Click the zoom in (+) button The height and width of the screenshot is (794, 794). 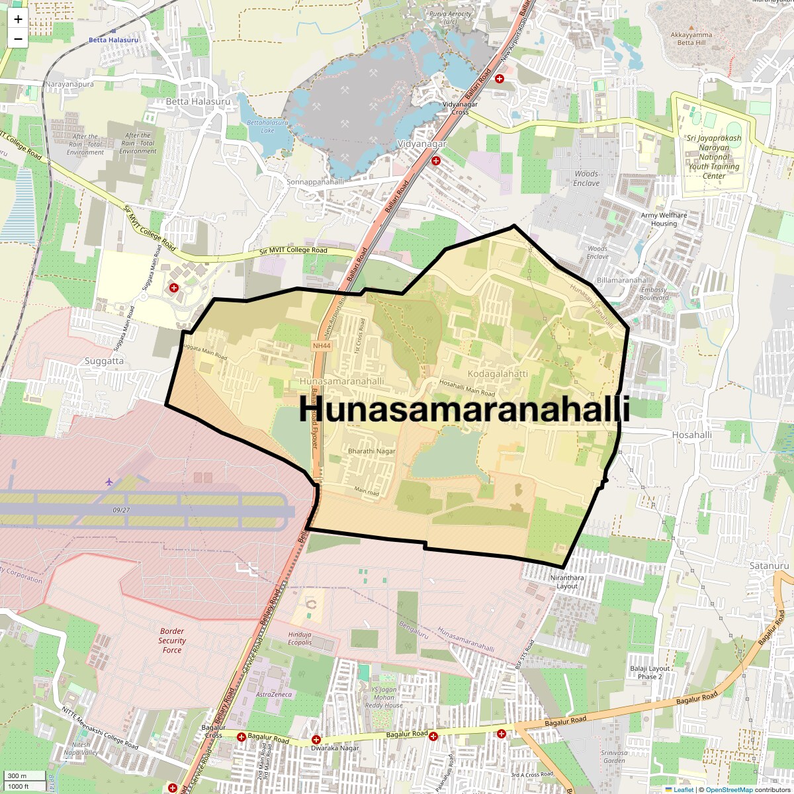pyautogui.click(x=18, y=19)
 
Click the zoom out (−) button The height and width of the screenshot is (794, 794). pyautogui.click(x=18, y=38)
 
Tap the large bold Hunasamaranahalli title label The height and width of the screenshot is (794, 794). pyautogui.click(x=464, y=409)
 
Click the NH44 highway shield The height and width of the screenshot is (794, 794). pyautogui.click(x=321, y=345)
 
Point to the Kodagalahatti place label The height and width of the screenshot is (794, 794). pyautogui.click(x=498, y=374)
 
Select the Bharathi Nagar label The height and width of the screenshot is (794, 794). pyautogui.click(x=371, y=451)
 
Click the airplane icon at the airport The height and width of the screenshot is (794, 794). pyautogui.click(x=109, y=481)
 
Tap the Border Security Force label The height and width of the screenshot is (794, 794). pyautogui.click(x=172, y=640)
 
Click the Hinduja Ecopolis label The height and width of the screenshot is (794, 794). pyautogui.click(x=300, y=639)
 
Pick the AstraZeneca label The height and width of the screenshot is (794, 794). pyautogui.click(x=274, y=695)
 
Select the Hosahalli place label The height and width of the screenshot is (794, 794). pyautogui.click(x=692, y=435)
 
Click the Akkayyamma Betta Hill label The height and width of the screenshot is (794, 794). pyautogui.click(x=691, y=39)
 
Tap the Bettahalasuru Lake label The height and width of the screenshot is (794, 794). pyautogui.click(x=267, y=126)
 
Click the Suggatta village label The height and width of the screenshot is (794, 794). pyautogui.click(x=104, y=361)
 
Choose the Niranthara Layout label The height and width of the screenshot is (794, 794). pyautogui.click(x=567, y=582)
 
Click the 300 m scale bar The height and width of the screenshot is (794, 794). pyautogui.click(x=18, y=776)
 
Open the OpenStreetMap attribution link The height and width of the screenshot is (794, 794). pyautogui.click(x=729, y=789)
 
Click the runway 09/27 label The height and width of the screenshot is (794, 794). pyautogui.click(x=121, y=510)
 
